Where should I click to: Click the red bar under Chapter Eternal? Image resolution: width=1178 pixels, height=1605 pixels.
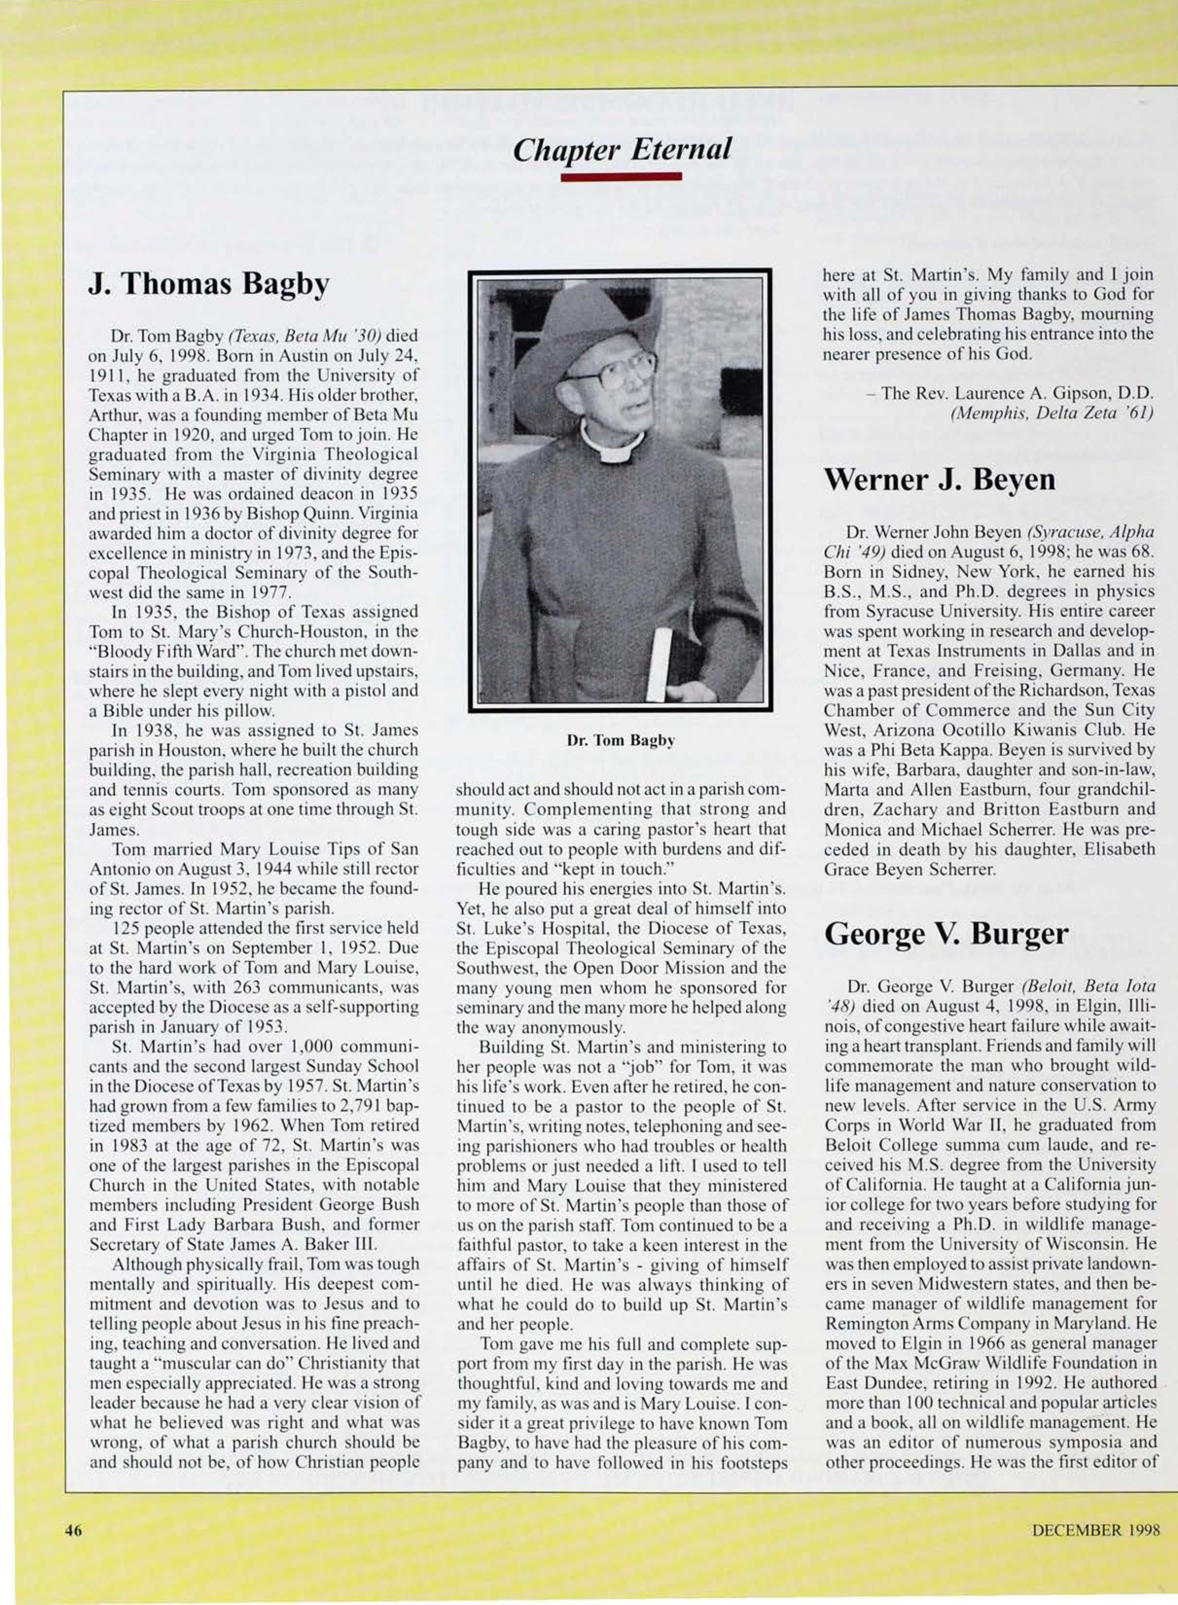pyautogui.click(x=621, y=177)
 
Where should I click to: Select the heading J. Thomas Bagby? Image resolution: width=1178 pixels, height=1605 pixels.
pyautogui.click(x=209, y=285)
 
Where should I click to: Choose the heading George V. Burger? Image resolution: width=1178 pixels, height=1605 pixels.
pyautogui.click(x=946, y=934)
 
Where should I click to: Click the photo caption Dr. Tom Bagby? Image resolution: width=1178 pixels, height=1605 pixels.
pyautogui.click(x=620, y=741)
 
